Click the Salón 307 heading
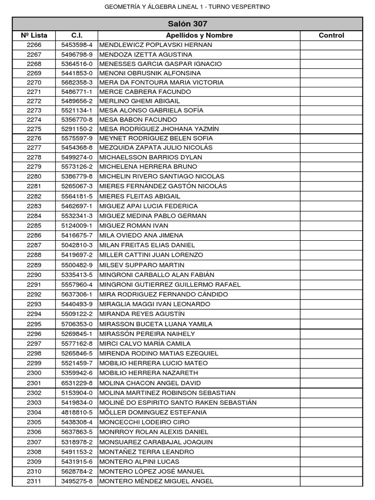187,24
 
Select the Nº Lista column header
34,35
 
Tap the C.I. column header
77,35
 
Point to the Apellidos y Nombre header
199,35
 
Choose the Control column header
331,35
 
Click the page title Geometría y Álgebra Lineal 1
187,7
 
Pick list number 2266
34,45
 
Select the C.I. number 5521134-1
77,110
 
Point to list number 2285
34,226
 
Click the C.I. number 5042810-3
77,245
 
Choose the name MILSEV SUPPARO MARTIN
142,265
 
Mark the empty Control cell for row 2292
331,294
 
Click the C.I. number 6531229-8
77,383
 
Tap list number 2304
34,413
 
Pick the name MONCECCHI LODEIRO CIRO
144,422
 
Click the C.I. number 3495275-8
77,481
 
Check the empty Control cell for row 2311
331,481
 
